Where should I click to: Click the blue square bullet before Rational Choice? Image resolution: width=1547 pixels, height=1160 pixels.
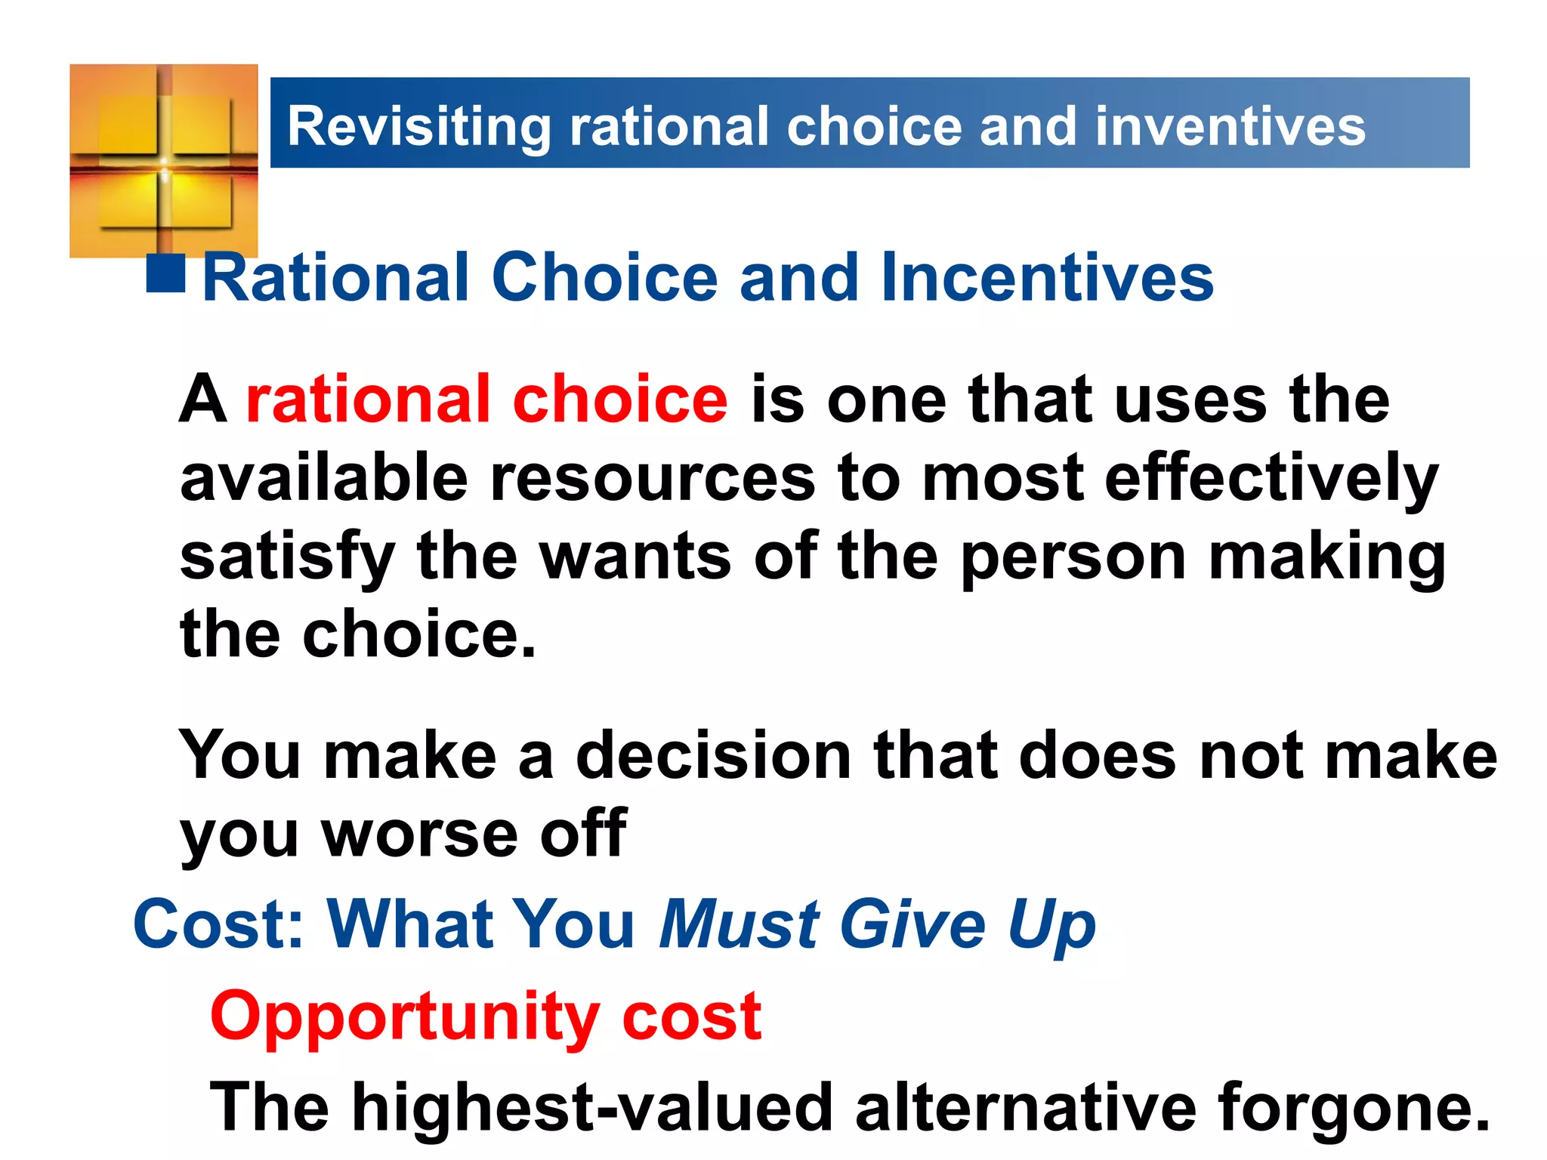click(166, 273)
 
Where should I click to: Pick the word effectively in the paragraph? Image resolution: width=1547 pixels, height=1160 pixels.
click(1271, 479)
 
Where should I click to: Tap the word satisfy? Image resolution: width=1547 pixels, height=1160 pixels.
click(288, 557)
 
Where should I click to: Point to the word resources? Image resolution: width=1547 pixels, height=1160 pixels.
click(653, 479)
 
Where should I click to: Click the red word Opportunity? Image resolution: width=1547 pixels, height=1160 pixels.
click(405, 1017)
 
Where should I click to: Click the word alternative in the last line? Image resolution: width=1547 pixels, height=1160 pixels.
click(1026, 1108)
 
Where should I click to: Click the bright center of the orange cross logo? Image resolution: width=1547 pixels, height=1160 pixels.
click(164, 162)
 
